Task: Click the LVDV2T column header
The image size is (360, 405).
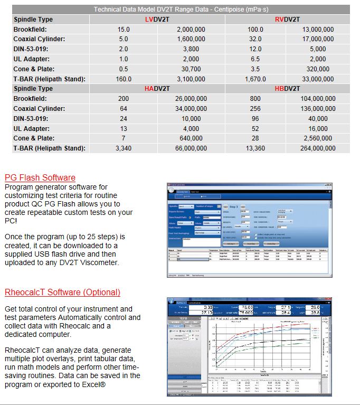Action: click(x=157, y=20)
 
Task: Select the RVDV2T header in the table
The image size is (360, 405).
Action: click(x=287, y=20)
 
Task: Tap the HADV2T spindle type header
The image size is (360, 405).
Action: click(x=157, y=89)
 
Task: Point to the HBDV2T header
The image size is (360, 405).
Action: click(x=287, y=89)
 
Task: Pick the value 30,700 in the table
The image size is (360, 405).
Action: click(x=191, y=69)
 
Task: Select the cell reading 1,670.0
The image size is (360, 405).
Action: click(x=255, y=79)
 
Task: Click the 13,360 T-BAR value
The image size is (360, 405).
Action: click(x=255, y=148)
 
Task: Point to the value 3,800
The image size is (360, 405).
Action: click(x=191, y=49)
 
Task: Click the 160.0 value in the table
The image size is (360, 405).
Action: click(x=124, y=79)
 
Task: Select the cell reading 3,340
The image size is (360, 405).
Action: click(x=124, y=148)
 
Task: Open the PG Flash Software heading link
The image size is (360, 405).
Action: click(x=40, y=178)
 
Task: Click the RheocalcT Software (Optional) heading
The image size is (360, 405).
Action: click(x=62, y=292)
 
